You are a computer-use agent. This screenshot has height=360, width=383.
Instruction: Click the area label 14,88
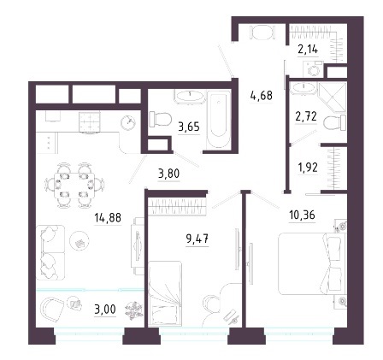click(x=108, y=218)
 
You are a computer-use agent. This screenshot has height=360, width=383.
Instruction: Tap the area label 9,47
click(x=197, y=239)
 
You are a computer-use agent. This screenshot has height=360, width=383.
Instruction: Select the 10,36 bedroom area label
click(x=302, y=215)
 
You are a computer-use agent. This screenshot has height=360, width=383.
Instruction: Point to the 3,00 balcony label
click(x=105, y=309)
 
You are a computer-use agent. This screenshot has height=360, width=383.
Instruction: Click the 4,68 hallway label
click(x=262, y=95)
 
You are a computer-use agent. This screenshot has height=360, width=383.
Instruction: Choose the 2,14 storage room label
click(x=308, y=50)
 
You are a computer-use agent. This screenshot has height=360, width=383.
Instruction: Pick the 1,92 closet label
click(x=307, y=168)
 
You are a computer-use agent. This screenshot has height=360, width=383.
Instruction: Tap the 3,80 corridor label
click(x=169, y=173)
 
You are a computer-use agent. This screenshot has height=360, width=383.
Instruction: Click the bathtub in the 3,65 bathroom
click(x=219, y=120)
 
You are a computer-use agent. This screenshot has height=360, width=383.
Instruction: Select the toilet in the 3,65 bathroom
click(x=160, y=119)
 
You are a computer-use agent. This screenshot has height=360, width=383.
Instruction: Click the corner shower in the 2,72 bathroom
click(x=333, y=97)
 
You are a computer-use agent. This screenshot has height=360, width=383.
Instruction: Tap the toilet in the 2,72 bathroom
click(x=335, y=122)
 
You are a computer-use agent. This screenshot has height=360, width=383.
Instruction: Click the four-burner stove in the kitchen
click(x=90, y=121)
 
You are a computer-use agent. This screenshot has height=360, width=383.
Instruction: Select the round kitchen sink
click(x=128, y=122)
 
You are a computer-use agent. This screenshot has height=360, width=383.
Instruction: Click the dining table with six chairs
click(x=74, y=185)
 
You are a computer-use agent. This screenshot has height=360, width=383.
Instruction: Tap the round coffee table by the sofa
click(x=80, y=240)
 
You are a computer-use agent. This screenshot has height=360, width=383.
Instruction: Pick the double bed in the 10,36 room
click(x=312, y=263)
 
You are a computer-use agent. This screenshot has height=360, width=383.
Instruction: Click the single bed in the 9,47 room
click(x=165, y=293)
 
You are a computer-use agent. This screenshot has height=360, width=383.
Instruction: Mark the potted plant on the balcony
click(x=134, y=310)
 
